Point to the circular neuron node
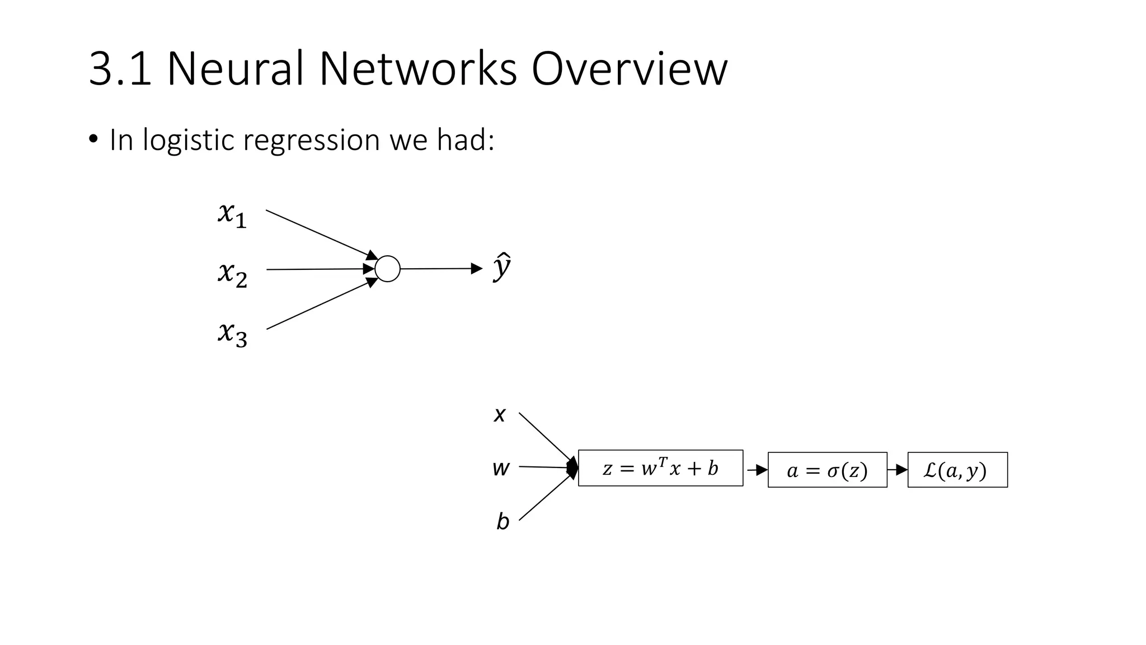(387, 269)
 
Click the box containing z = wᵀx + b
(660, 468)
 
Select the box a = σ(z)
(827, 470)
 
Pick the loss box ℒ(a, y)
(957, 470)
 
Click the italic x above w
(500, 415)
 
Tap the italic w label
(501, 468)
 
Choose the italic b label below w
(502, 522)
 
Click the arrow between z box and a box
(757, 470)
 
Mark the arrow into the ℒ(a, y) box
(898, 470)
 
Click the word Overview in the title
(629, 69)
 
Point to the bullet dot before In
(93, 138)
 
